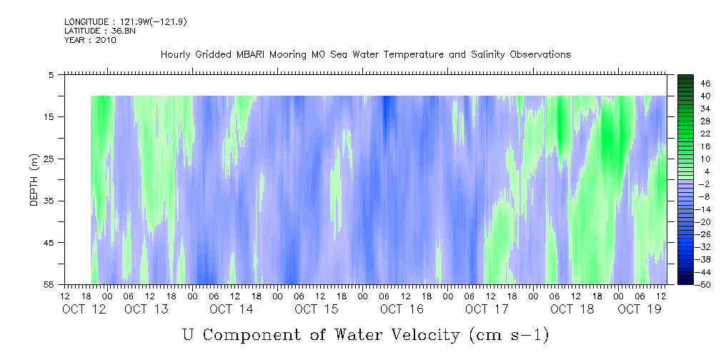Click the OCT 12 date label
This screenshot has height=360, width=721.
pos(84,309)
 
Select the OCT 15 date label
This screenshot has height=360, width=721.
pos(317,309)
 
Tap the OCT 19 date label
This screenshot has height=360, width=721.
pos(640,309)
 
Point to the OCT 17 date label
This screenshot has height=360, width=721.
pos(487,309)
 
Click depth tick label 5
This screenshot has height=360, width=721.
pos(51,74)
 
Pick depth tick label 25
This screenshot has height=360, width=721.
pos(48,159)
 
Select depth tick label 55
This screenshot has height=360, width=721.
pos(48,284)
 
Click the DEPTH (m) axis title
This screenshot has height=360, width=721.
pos(34,180)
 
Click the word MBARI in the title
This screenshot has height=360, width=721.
pos(248,55)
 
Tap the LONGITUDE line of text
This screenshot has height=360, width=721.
pos(126,22)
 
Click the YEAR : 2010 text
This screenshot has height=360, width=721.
pos(90,40)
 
